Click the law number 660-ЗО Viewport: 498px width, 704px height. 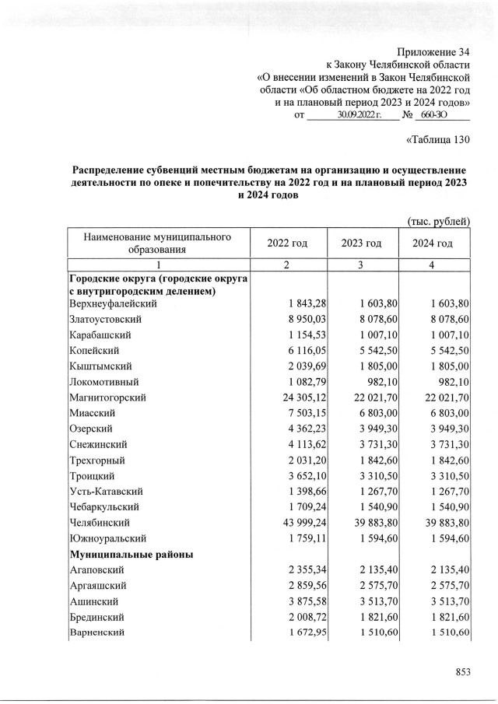(x=440, y=115)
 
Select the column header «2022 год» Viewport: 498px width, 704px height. (x=287, y=243)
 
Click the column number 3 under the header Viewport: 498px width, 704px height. (x=361, y=265)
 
